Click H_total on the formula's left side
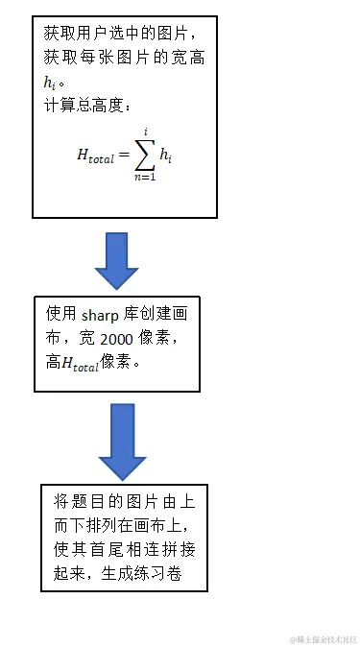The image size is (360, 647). pyautogui.click(x=96, y=155)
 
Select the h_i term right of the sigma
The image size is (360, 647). pyautogui.click(x=169, y=154)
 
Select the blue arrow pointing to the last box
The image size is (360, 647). pyautogui.click(x=123, y=442)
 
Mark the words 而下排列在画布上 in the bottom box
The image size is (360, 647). pyautogui.click(x=121, y=525)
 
